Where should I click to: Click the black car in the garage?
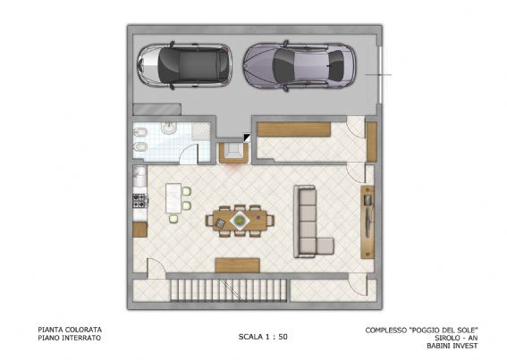[184, 65]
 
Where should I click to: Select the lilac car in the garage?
[300, 66]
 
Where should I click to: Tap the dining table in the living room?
[240, 221]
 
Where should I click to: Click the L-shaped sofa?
[308, 223]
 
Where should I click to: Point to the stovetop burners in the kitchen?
[140, 200]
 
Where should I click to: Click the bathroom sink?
[168, 128]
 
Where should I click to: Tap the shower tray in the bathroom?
[200, 131]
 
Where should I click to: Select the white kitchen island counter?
[173, 198]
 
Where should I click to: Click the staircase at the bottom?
[229, 289]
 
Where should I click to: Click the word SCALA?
[250, 337]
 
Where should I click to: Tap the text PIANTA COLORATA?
[70, 330]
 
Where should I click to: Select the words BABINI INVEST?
[452, 346]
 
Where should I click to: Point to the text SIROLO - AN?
[456, 338]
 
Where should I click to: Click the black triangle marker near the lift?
[246, 138]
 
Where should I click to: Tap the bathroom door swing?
[189, 154]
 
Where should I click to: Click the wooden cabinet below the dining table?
[238, 265]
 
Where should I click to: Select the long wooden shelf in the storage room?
[294, 130]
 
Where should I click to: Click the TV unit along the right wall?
[368, 222]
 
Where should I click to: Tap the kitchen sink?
[140, 177]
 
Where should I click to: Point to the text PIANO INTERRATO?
[70, 338]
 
